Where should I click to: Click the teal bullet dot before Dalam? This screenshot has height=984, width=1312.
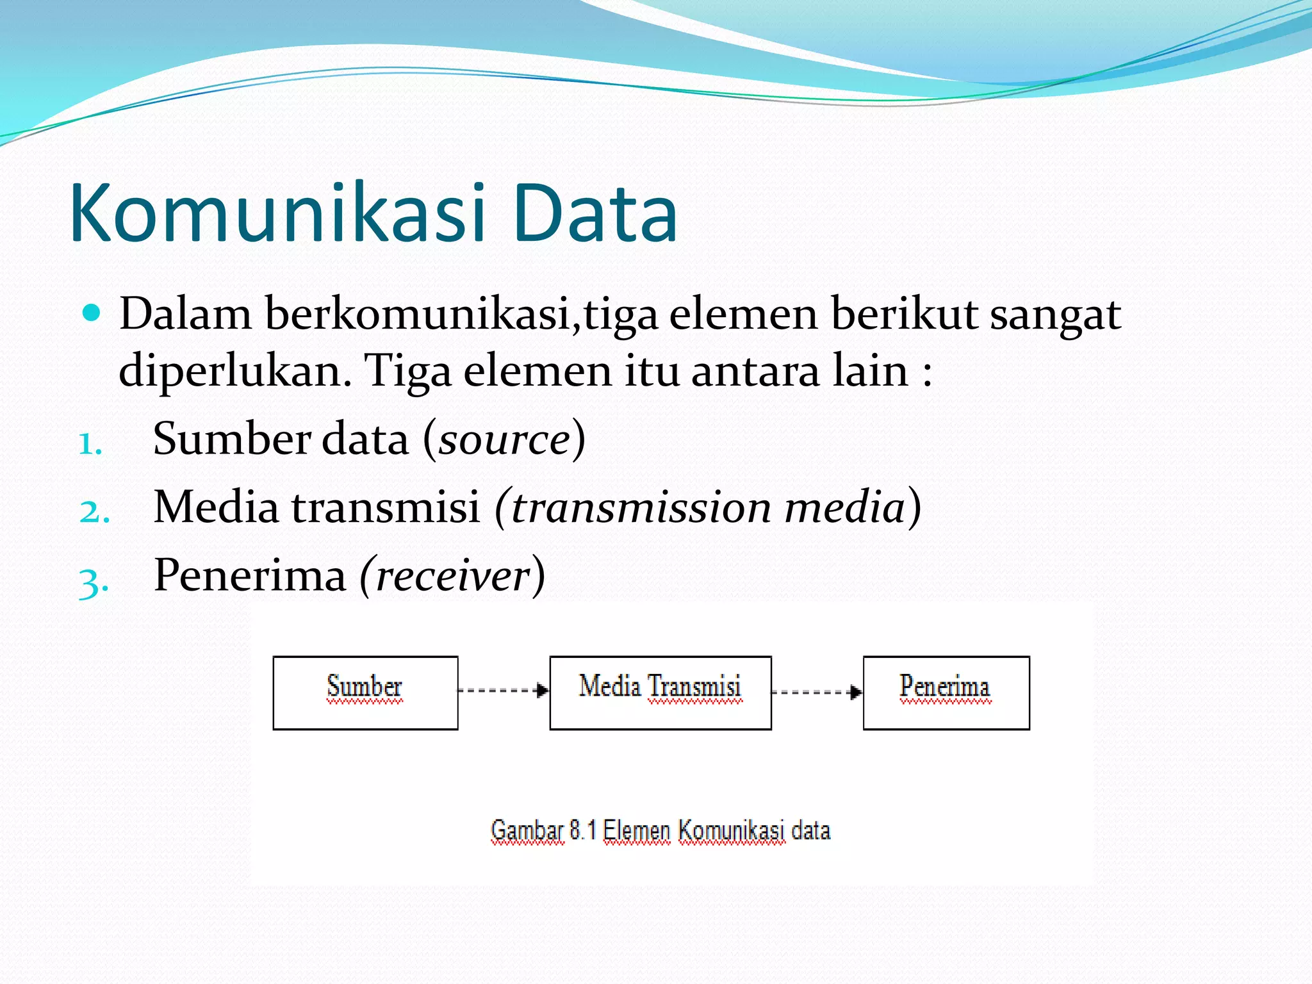(x=92, y=313)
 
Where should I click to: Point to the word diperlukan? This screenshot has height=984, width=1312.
(x=234, y=372)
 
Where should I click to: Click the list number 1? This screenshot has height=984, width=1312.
(x=90, y=445)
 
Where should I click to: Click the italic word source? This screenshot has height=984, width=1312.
(x=504, y=440)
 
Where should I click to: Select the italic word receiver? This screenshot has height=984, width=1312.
(x=453, y=576)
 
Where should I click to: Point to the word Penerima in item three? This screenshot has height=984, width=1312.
(x=250, y=575)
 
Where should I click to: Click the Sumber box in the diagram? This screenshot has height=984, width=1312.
(x=365, y=693)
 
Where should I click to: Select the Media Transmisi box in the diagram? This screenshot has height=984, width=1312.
(x=660, y=693)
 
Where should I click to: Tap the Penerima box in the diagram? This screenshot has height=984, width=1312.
(x=946, y=693)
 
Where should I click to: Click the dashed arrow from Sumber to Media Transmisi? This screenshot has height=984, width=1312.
(x=504, y=691)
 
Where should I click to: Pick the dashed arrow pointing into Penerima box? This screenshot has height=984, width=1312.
(x=817, y=692)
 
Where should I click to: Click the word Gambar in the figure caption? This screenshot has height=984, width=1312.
(x=527, y=830)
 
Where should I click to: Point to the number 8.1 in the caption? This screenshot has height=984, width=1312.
(x=582, y=830)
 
